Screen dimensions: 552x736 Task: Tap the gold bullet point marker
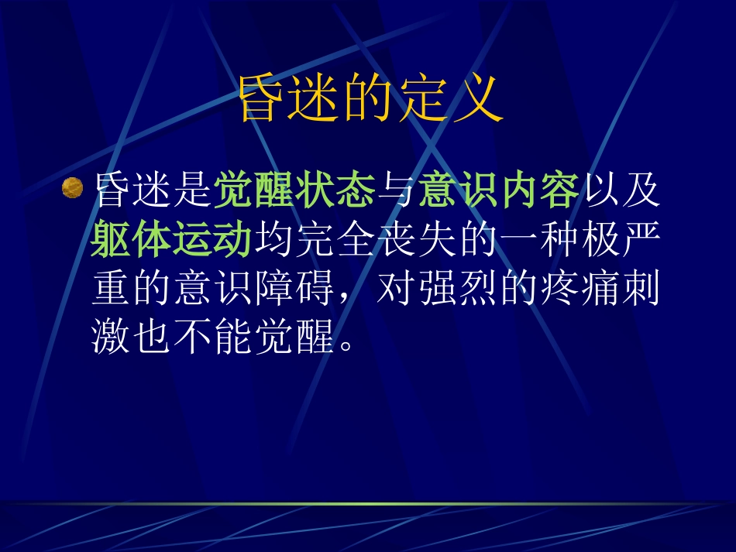71,188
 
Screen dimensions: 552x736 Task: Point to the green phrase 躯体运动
172,240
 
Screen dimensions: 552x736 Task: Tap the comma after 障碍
347,298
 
